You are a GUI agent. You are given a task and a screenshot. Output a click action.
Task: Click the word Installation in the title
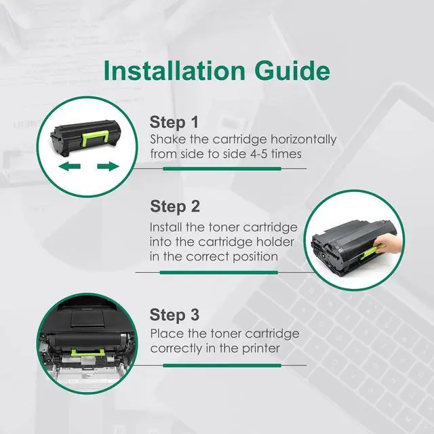174,71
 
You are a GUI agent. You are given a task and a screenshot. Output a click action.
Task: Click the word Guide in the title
292,71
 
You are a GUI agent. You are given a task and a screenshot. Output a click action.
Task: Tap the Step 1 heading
174,122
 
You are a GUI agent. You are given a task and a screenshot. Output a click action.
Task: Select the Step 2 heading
175,207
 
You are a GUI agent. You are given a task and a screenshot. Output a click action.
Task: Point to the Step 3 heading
174,315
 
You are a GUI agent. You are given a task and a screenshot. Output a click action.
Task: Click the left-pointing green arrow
70,166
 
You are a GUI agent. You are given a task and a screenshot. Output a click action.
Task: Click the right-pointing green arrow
108,166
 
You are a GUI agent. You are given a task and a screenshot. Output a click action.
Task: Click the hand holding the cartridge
387,243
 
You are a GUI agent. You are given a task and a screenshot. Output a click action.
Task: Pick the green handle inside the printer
87,352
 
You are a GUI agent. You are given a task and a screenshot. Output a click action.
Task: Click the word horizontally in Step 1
303,140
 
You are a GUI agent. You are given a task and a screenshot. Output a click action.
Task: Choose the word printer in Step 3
260,349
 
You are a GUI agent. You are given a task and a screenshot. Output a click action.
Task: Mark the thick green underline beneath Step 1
222,169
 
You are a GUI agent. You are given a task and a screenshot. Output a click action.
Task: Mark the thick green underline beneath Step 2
218,273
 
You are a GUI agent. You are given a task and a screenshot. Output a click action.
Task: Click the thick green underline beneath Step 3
222,366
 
